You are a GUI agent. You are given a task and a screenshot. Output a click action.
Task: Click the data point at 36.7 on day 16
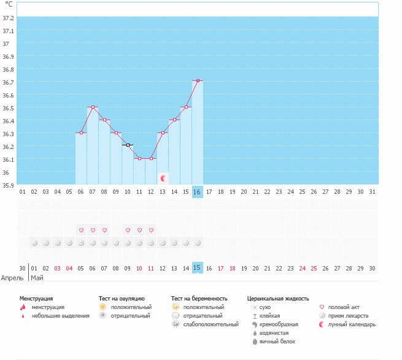pos(197,81)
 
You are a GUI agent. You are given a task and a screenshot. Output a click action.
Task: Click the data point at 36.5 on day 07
pos(93,107)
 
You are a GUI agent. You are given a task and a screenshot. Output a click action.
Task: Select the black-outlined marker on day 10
pos(128,145)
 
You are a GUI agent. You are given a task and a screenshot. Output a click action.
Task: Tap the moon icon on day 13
pos(163,178)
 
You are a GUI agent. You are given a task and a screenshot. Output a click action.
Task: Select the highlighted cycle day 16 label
pos(197,192)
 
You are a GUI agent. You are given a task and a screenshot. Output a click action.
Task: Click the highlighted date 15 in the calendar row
pos(197,267)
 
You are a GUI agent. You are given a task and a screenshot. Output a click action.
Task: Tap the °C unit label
pos(9,4)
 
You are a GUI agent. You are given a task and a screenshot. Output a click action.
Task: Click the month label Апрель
pos(12,278)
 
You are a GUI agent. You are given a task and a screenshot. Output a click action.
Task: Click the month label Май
pos(37,278)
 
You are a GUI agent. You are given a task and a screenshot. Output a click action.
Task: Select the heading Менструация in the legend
pos(36,298)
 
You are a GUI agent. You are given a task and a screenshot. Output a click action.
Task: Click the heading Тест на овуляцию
pos(122,298)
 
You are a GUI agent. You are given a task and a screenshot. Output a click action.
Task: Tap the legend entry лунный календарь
pos(352,324)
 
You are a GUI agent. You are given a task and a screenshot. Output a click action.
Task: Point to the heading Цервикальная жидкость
pos(278,298)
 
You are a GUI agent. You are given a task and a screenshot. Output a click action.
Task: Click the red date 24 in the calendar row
pos(302,267)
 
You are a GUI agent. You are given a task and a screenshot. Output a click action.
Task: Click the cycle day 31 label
pos(372,192)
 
